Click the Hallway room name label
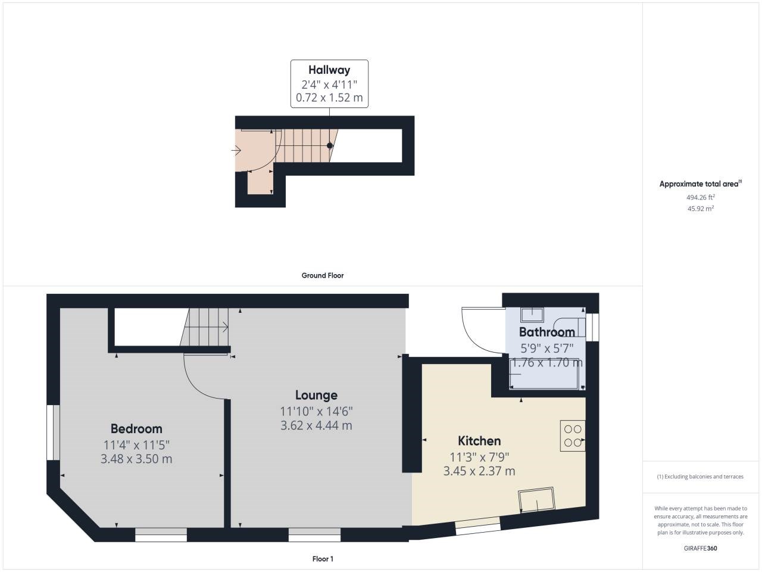[329, 70]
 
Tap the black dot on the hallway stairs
[329, 145]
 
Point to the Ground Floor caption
[323, 275]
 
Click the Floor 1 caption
[323, 559]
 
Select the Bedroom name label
[136, 428]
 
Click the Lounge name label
[316, 395]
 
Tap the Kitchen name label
[479, 441]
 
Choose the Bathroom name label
[546, 332]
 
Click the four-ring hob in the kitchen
[573, 436]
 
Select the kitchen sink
[536, 500]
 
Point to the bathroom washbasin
[532, 315]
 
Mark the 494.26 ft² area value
[701, 197]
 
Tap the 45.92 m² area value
[701, 209]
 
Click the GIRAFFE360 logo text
[700, 548]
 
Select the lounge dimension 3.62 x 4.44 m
[316, 425]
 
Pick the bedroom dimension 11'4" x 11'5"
[136, 445]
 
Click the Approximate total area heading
[701, 184]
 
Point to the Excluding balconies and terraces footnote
[700, 477]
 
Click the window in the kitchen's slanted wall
[478, 526]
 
